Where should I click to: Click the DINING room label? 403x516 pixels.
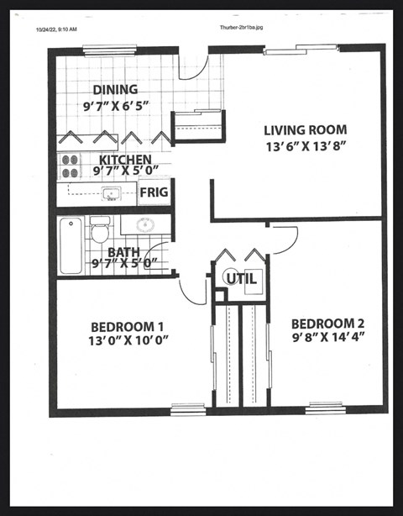pos(115,89)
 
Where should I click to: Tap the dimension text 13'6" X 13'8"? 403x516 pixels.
pos(304,145)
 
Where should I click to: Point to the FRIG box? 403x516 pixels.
pos(154,192)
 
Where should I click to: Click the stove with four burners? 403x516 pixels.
pos(69,166)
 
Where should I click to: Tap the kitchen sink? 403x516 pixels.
pos(110,194)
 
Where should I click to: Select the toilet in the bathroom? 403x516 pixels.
pos(101,228)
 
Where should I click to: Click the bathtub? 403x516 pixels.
pos(71,245)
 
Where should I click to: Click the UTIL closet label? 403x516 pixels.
pos(240,279)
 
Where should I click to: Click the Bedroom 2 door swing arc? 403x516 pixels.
pos(282,239)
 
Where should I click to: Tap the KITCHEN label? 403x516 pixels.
pos(125,160)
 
